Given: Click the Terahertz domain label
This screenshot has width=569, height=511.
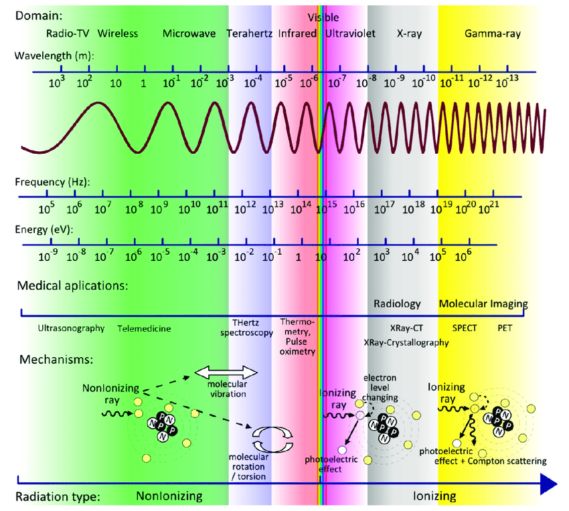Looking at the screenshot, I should click(x=249, y=33).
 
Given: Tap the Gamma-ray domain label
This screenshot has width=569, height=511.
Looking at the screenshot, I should click(x=492, y=33).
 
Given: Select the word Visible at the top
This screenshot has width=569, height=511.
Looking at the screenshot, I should click(x=323, y=17).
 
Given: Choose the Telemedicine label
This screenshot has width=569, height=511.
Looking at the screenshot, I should click(x=144, y=328).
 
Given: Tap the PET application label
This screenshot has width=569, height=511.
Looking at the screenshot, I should click(x=505, y=328).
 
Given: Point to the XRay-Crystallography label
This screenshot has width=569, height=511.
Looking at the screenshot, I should click(x=406, y=342).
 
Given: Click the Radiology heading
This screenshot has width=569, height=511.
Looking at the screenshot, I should click(x=397, y=304).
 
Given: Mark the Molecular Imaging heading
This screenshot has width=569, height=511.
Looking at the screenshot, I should click(x=483, y=304).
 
